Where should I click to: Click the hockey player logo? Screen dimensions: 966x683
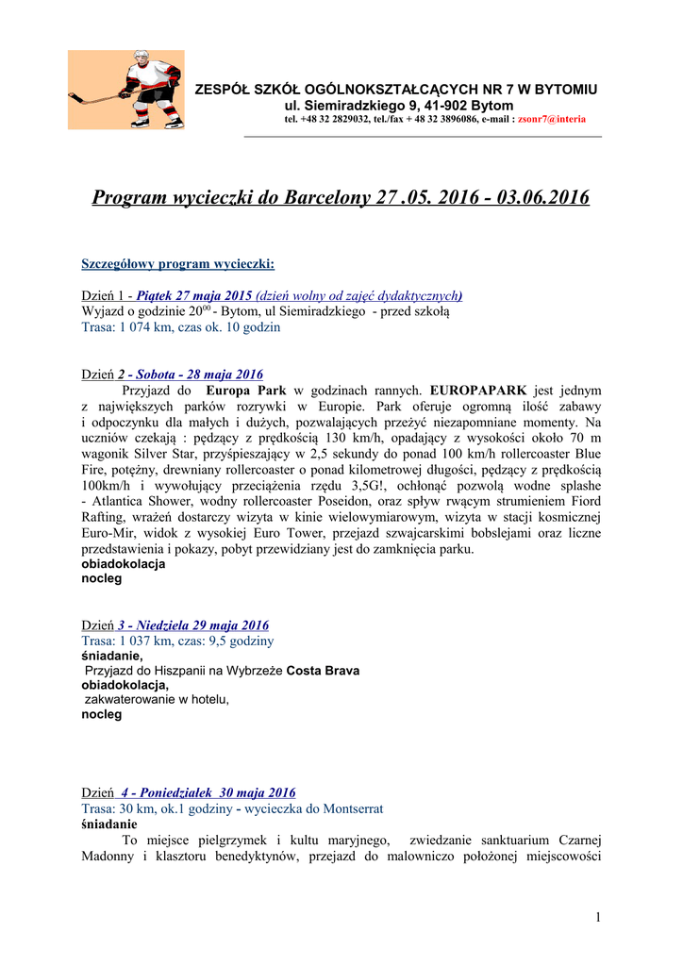point(125,90)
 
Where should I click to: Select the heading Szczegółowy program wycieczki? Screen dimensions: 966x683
point(178,263)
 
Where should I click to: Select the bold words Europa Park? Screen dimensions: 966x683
point(246,390)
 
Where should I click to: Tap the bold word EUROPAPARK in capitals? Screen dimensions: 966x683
point(478,390)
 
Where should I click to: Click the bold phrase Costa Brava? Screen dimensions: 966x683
point(323,671)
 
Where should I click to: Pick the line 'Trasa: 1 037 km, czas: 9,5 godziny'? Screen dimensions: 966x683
point(178,641)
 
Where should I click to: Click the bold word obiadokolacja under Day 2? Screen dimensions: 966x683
point(124,563)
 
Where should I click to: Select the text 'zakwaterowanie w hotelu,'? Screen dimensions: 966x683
point(158,700)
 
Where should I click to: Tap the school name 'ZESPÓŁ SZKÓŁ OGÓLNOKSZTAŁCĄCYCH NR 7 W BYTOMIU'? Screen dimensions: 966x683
point(395,89)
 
